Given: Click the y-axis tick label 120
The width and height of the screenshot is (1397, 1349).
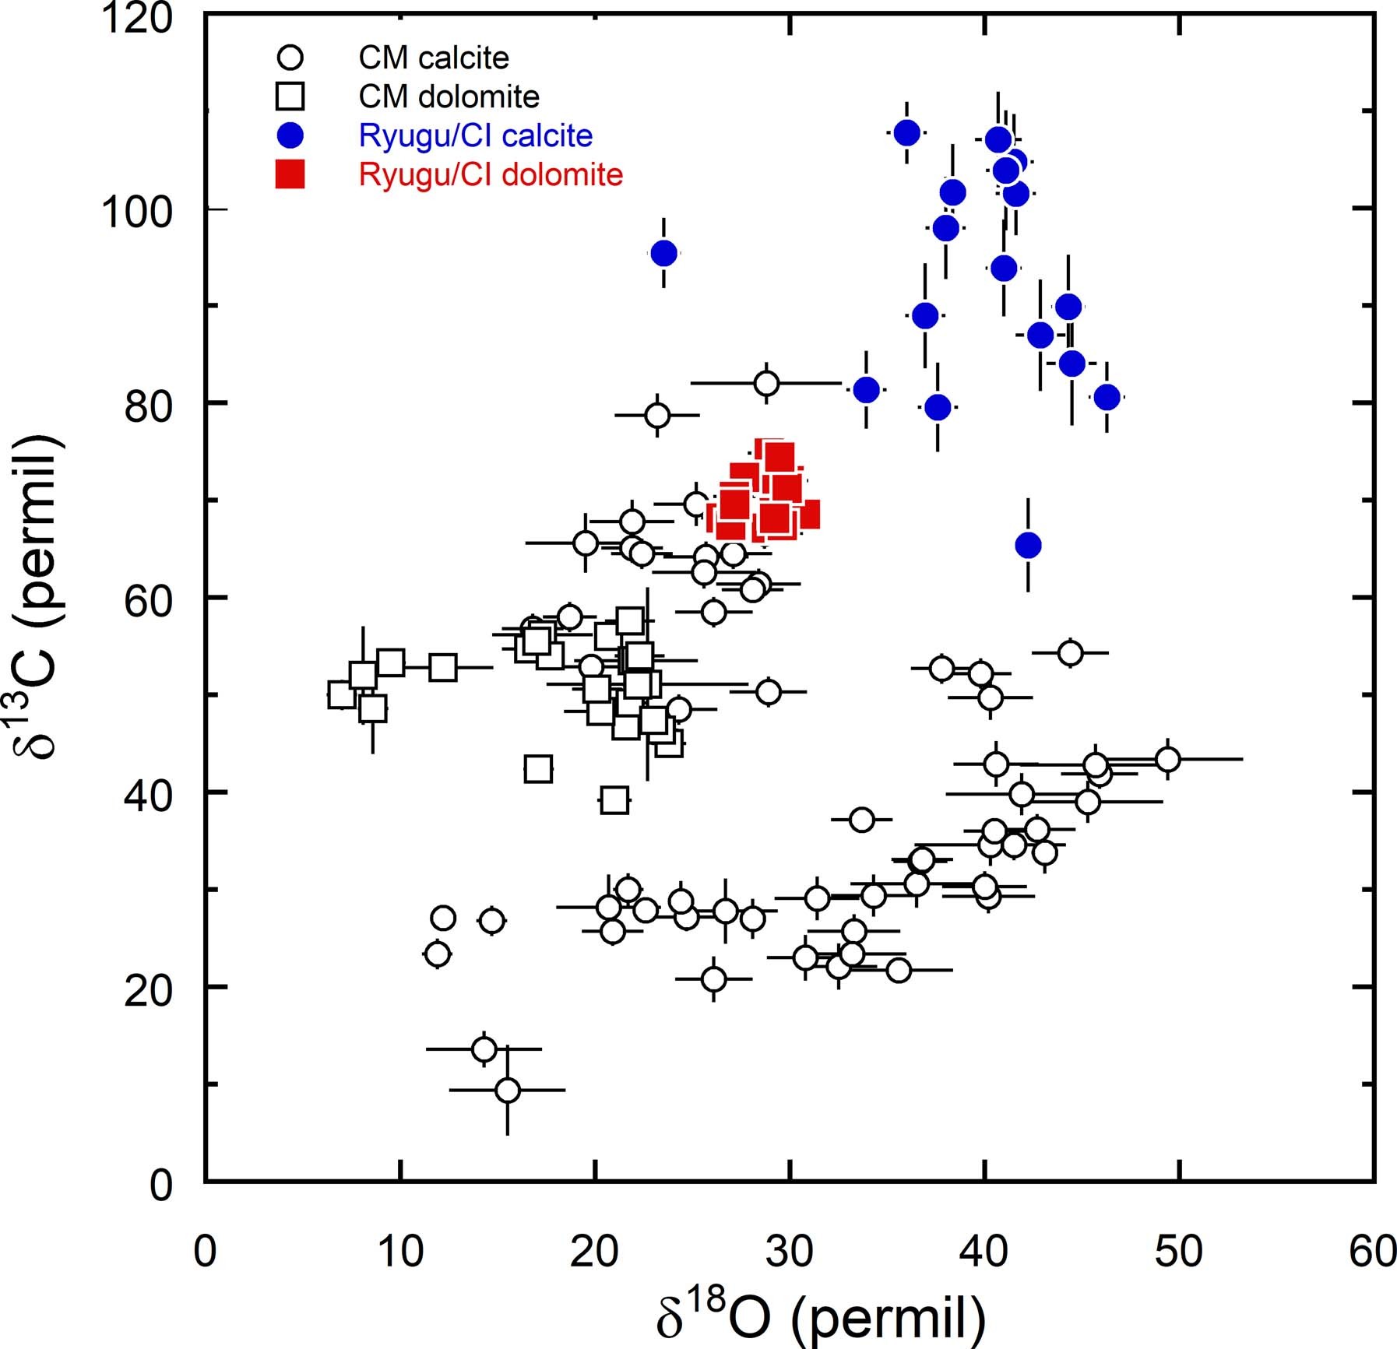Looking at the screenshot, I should pyautogui.click(x=137, y=17).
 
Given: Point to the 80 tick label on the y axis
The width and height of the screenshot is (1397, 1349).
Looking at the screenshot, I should pyautogui.click(x=148, y=406).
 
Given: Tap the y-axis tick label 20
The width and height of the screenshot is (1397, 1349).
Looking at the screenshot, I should pyautogui.click(x=148, y=990).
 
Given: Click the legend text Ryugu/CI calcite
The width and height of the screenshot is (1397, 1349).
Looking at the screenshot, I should pyautogui.click(x=476, y=135).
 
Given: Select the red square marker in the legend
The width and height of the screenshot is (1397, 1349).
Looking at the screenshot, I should pyautogui.click(x=290, y=174).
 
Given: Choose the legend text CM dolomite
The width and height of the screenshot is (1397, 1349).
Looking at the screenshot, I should pyautogui.click(x=449, y=97).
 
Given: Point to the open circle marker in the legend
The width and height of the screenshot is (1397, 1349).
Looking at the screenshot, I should pyautogui.click(x=290, y=58).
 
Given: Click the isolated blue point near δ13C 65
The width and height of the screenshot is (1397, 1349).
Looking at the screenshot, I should pyautogui.click(x=1028, y=546).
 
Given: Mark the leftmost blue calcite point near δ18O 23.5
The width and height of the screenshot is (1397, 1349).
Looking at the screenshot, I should pyautogui.click(x=663, y=253).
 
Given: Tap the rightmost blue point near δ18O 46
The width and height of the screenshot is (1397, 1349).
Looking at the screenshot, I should pyautogui.click(x=1107, y=398).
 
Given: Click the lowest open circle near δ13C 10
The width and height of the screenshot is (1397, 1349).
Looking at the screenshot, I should pyautogui.click(x=507, y=1091).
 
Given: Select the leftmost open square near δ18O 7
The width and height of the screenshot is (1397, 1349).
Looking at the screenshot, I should pyautogui.click(x=342, y=694).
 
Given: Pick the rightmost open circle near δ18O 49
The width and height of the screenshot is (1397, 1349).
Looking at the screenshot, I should pyautogui.click(x=1167, y=759).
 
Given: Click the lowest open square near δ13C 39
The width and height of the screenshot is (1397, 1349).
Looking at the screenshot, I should pyautogui.click(x=614, y=800).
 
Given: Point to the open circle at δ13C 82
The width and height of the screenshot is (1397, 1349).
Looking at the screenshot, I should pyautogui.click(x=766, y=383).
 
